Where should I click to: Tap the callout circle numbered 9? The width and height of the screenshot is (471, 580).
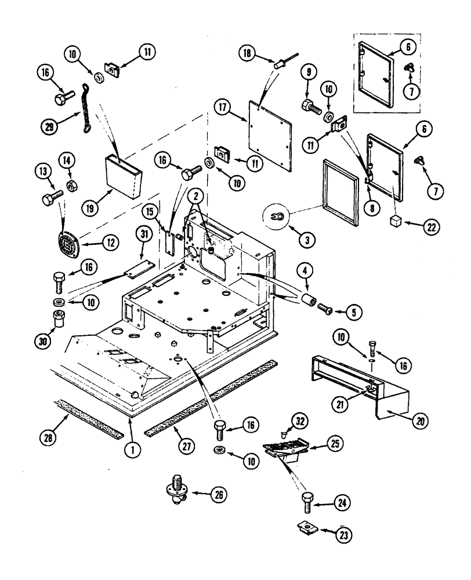tap(309, 73)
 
